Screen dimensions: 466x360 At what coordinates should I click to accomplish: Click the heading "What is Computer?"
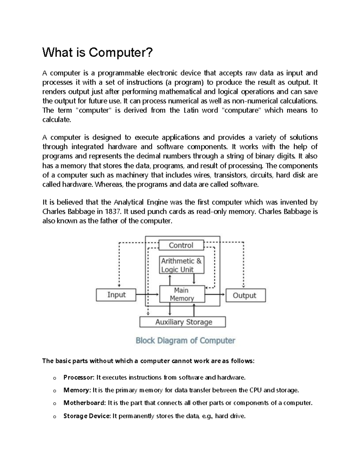pyautogui.click(x=97, y=53)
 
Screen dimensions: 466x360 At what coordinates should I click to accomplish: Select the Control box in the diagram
pyautogui.click(x=181, y=245)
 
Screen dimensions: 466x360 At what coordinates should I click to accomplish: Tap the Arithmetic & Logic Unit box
pyautogui.click(x=181, y=265)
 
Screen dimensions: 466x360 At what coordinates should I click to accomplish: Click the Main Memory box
pyautogui.click(x=182, y=294)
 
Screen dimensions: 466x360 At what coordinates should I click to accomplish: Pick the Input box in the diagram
pyautogui.click(x=116, y=295)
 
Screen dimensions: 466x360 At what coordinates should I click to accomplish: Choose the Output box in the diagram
pyautogui.click(x=245, y=295)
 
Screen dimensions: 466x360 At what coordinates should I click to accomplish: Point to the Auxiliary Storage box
pyautogui.click(x=183, y=322)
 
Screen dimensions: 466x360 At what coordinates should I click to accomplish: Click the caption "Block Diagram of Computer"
pyautogui.click(x=185, y=341)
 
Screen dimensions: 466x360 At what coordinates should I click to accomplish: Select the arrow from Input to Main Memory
pyautogui.click(x=147, y=295)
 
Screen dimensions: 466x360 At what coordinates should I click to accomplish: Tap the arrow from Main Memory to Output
pyautogui.click(x=215, y=295)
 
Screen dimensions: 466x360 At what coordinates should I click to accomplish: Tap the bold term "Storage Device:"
pyautogui.click(x=87, y=416)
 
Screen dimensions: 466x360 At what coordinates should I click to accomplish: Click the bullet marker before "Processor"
pyautogui.click(x=54, y=378)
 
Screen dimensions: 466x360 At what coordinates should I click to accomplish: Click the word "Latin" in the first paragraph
pyautogui.click(x=191, y=110)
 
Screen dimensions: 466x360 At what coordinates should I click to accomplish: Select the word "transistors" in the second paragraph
pyautogui.click(x=230, y=175)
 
